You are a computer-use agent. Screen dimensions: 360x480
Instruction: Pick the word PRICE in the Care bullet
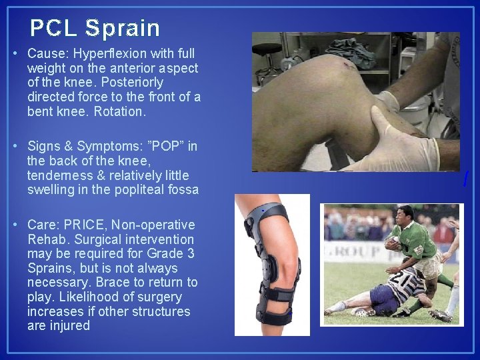[85, 225]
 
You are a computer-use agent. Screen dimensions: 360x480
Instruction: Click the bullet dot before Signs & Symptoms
[14, 147]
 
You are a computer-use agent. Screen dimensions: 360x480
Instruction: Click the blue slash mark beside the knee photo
[466, 179]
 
